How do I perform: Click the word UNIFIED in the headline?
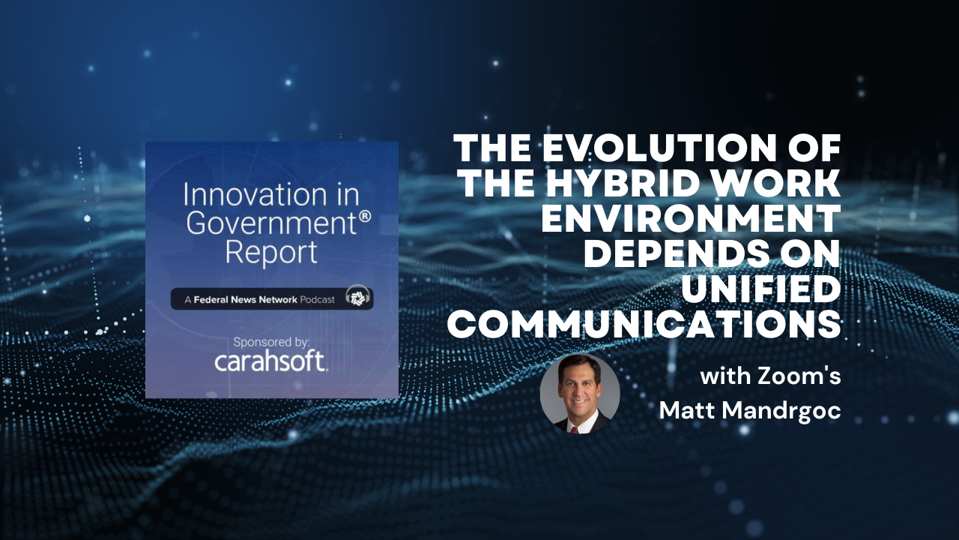coord(761,289)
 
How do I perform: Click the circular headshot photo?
coord(580,394)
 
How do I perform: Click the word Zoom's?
coord(799,376)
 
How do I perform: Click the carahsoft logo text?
coord(271,361)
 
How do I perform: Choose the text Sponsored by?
coord(271,343)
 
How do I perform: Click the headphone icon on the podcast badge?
coord(357,295)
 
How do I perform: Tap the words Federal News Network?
coord(245,299)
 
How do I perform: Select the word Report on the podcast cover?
coord(271,253)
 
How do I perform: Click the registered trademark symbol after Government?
coord(365,217)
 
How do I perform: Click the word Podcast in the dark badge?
coord(317,299)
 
